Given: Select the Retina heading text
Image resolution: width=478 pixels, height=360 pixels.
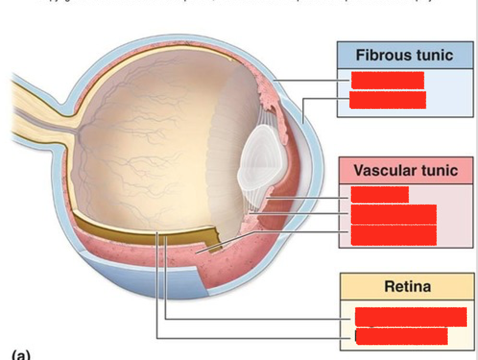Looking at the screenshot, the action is [407, 287].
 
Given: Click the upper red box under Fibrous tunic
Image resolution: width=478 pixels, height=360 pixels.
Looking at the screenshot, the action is [387, 80].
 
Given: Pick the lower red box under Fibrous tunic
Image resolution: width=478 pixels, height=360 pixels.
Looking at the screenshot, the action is [387, 100].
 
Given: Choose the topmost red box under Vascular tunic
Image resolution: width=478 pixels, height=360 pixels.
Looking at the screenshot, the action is [380, 194].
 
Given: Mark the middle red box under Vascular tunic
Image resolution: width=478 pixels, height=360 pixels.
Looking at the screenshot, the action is [393, 214].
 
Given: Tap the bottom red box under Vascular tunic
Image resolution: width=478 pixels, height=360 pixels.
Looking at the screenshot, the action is [393, 235].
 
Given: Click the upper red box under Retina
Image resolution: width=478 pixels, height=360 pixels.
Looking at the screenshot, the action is [410, 317].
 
